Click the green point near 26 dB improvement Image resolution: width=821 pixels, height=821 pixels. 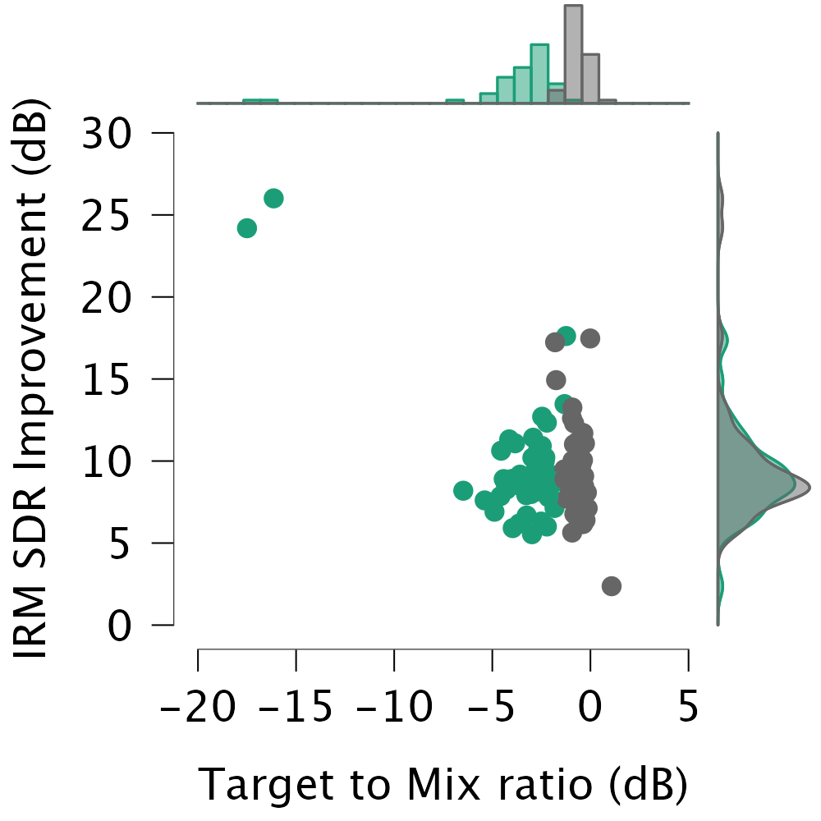pos(273,198)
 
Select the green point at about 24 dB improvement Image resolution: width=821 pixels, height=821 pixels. pos(247,228)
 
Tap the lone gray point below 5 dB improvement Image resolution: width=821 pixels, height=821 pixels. pos(611,585)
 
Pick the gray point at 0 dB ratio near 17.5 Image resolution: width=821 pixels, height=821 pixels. pos(589,338)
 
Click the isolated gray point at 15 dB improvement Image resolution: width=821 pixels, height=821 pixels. pos(556,380)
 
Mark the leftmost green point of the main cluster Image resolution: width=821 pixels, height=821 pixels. pos(463,490)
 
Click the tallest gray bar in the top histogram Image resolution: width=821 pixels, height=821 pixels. pos(573,54)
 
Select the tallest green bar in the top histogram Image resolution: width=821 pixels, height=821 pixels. pos(539,74)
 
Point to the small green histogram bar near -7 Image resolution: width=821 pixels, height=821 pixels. pos(455,102)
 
